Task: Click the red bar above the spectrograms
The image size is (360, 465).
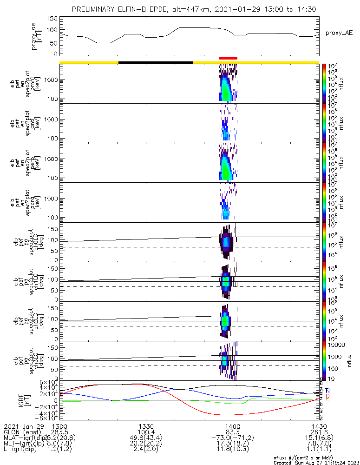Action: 228,58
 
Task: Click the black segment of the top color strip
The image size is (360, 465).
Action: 155,62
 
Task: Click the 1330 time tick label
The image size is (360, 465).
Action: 146,426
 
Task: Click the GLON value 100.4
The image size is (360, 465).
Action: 146,432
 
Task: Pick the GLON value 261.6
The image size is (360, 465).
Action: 319,432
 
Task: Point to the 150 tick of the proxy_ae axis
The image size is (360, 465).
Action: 52,19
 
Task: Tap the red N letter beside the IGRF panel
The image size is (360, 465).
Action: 328,390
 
